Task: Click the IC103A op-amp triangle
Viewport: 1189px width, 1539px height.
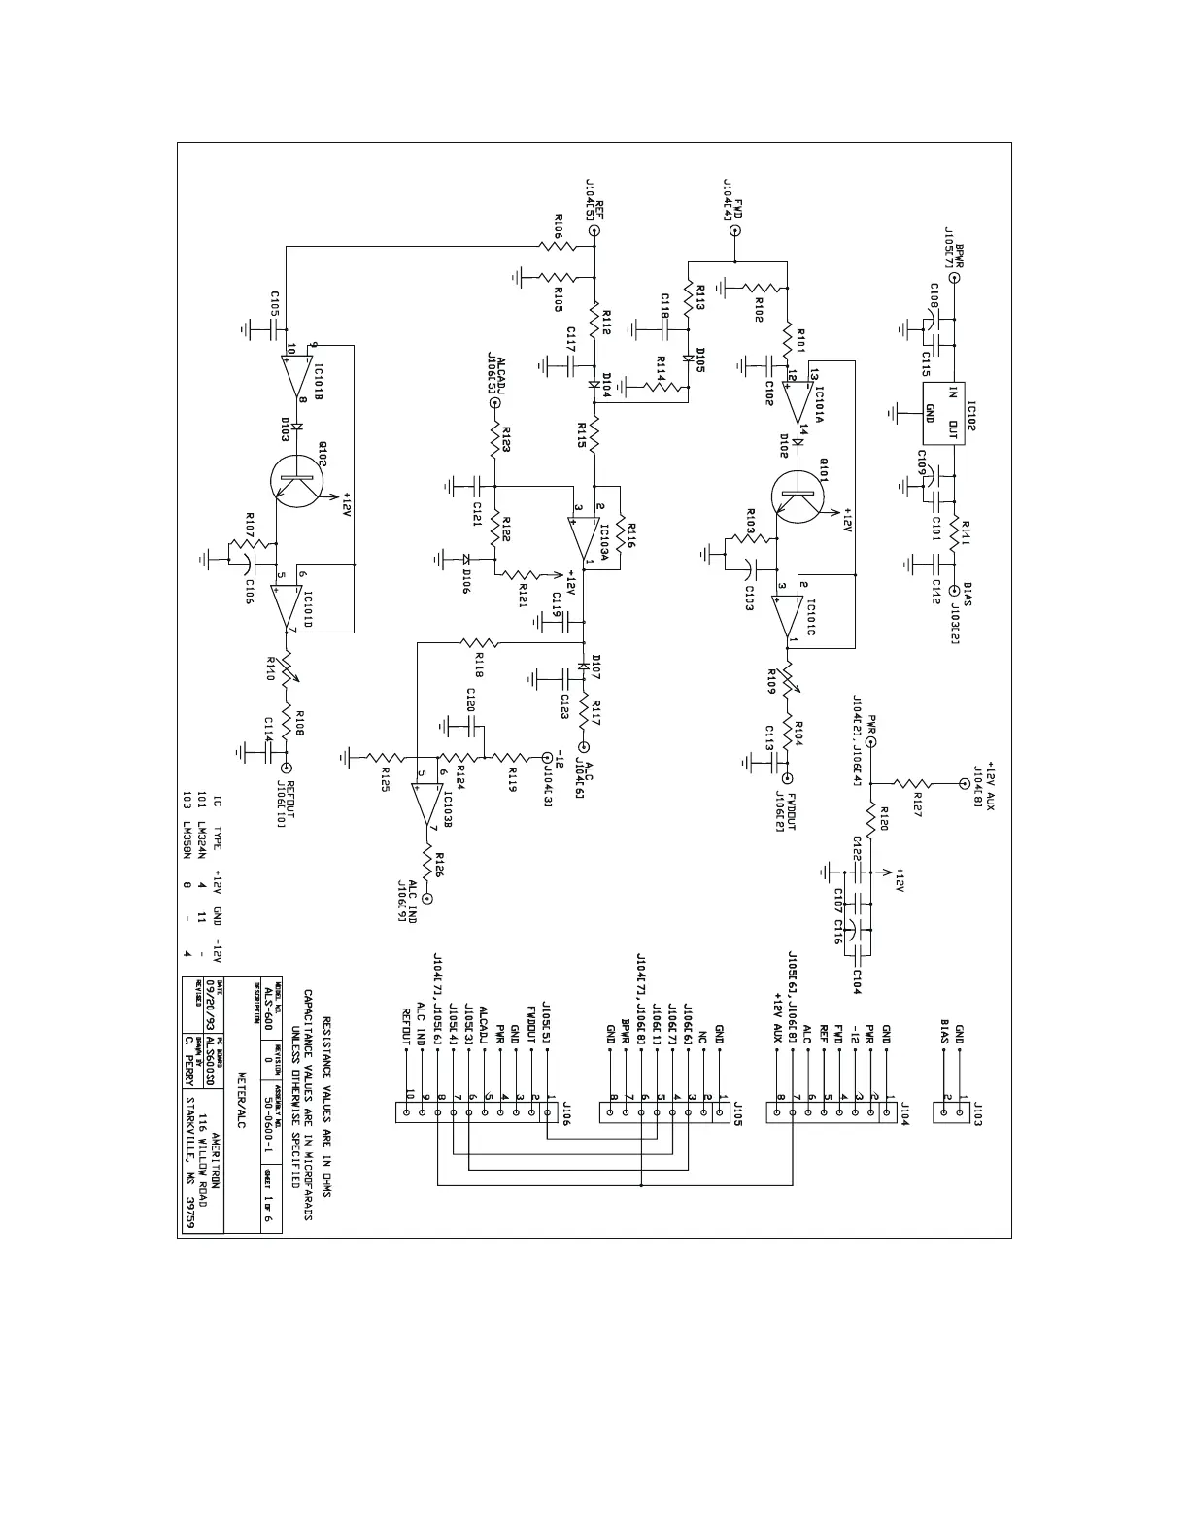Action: pyautogui.click(x=586, y=538)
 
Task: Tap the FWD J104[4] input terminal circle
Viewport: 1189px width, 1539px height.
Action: pyautogui.click(x=735, y=231)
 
